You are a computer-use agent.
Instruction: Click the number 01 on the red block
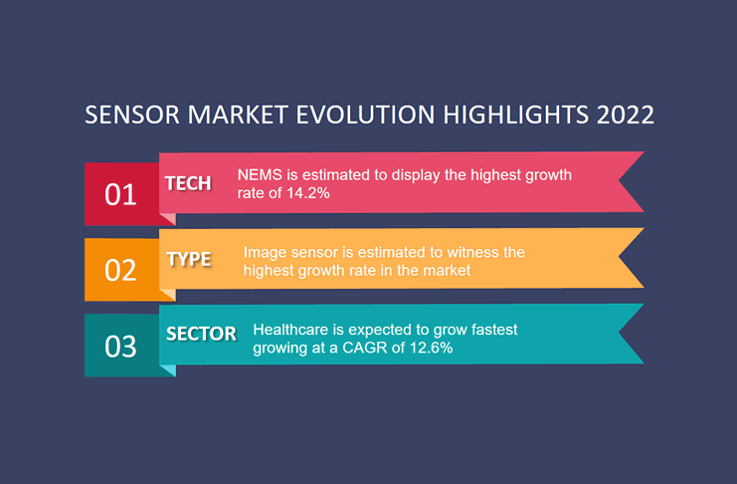click(x=120, y=194)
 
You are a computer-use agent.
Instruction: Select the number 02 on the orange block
click(x=120, y=270)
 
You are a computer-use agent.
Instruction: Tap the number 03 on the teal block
click(x=120, y=347)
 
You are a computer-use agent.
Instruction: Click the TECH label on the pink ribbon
click(x=188, y=183)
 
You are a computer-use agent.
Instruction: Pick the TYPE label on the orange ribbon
click(x=189, y=259)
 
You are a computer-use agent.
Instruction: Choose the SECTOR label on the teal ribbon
click(x=201, y=334)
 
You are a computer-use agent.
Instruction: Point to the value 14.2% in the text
click(x=308, y=193)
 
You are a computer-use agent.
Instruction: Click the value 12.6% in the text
click(x=431, y=348)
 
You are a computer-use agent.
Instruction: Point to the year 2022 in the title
click(x=626, y=115)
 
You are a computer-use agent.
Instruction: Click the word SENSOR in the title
click(x=132, y=115)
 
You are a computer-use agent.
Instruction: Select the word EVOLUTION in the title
click(x=365, y=115)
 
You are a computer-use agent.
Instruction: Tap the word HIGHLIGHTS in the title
click(x=515, y=115)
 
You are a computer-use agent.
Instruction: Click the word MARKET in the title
click(x=238, y=115)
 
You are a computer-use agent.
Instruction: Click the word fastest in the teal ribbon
click(x=494, y=329)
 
